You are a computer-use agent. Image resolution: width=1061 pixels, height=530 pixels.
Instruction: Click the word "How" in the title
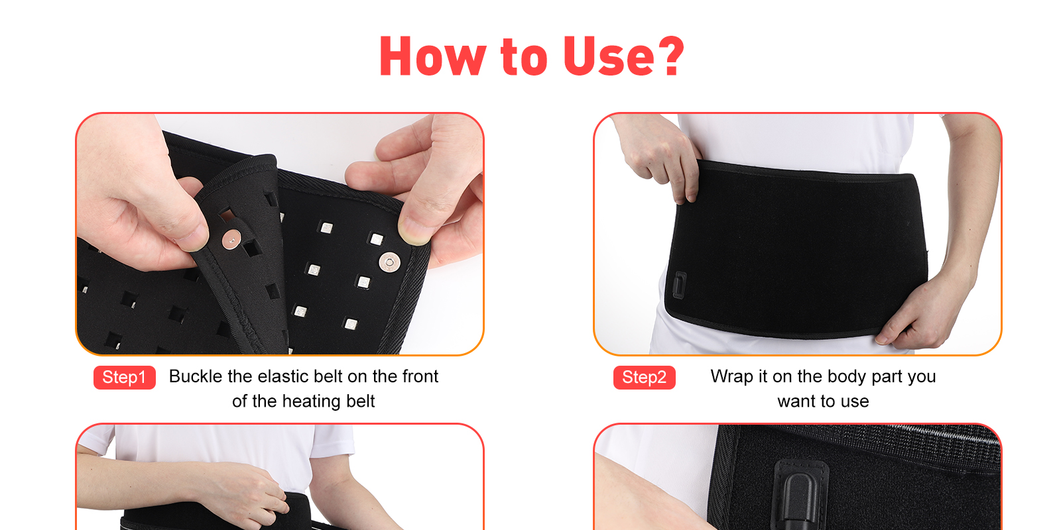pyautogui.click(x=433, y=56)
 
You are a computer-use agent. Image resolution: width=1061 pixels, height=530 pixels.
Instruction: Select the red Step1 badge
pyautogui.click(x=125, y=377)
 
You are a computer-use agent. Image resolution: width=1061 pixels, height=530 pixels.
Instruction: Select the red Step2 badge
pyautogui.click(x=644, y=377)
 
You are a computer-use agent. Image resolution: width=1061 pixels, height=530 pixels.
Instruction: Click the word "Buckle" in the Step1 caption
pyautogui.click(x=196, y=376)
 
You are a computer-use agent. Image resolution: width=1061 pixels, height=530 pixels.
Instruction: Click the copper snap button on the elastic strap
pyautogui.click(x=231, y=240)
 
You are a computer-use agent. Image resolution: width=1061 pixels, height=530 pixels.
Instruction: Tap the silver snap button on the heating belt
pyautogui.click(x=389, y=262)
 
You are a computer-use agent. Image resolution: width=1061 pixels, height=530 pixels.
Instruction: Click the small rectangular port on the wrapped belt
pyautogui.click(x=680, y=285)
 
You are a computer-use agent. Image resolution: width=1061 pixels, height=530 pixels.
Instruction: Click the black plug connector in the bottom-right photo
pyautogui.click(x=800, y=497)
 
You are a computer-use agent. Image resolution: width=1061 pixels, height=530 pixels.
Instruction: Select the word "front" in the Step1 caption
pyautogui.click(x=420, y=376)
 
